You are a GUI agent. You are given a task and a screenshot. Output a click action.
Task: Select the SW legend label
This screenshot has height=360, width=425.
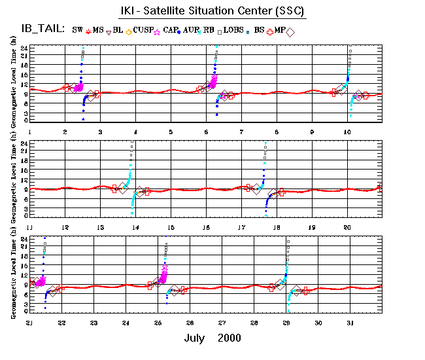(77, 30)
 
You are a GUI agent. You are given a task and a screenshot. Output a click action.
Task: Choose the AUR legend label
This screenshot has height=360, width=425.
(192, 30)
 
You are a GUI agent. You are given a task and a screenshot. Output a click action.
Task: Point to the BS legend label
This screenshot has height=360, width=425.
(260, 30)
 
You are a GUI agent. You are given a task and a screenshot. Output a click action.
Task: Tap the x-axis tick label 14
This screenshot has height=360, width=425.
(135, 227)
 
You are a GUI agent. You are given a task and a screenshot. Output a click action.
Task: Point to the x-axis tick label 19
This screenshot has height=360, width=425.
(312, 227)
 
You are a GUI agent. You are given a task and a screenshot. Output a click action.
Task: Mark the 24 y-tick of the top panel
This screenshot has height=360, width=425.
(24, 48)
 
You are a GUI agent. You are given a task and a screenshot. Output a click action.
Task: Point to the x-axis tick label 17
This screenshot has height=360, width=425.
(241, 227)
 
